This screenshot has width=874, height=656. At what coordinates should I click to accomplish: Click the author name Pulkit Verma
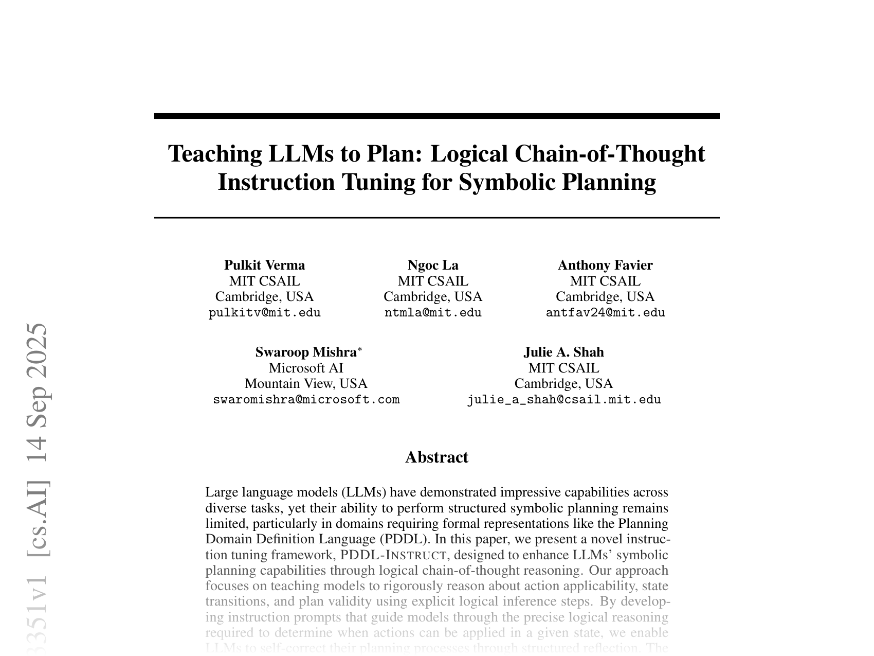264,265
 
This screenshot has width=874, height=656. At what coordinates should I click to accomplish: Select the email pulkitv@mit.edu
264,313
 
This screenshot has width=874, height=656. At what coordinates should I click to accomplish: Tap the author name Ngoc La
433,265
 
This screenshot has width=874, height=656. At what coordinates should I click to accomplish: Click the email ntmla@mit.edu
433,313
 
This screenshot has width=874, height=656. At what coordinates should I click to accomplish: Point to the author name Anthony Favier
605,265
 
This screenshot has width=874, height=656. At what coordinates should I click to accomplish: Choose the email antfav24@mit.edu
605,313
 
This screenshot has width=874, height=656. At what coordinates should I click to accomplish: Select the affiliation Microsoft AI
306,368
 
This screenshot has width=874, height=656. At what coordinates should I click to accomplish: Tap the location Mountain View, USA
306,383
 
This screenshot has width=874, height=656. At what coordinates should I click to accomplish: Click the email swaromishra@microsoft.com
306,400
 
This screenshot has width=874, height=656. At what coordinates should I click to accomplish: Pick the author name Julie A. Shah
563,352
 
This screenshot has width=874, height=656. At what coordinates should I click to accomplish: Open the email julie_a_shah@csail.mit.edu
563,400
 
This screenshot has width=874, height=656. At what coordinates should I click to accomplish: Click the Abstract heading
436,457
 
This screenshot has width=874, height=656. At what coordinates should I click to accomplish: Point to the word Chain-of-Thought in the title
610,154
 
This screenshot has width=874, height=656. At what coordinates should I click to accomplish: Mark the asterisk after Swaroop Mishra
360,349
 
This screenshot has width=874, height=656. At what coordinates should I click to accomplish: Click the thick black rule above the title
436,116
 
